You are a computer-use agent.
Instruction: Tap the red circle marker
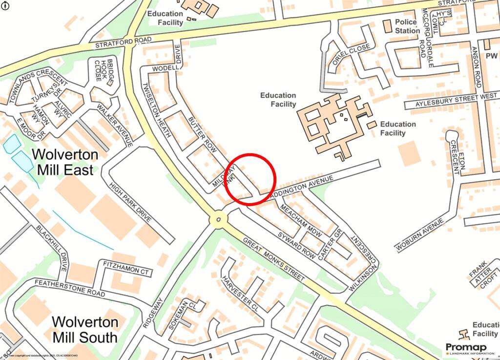(251, 178)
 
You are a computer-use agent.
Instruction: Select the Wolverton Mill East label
(65, 162)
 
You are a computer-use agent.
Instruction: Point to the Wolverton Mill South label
(85, 330)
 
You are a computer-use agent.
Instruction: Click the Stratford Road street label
(124, 42)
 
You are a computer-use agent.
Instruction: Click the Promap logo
(469, 348)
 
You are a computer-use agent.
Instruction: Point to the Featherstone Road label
(69, 288)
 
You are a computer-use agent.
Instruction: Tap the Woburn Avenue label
(419, 235)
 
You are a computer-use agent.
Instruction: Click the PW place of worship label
(491, 56)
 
